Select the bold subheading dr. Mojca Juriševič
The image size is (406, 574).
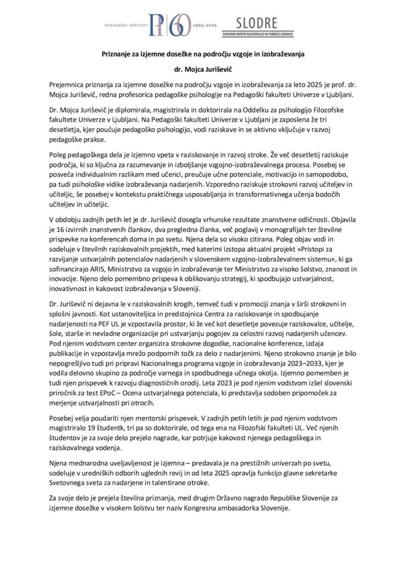point(202,70)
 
